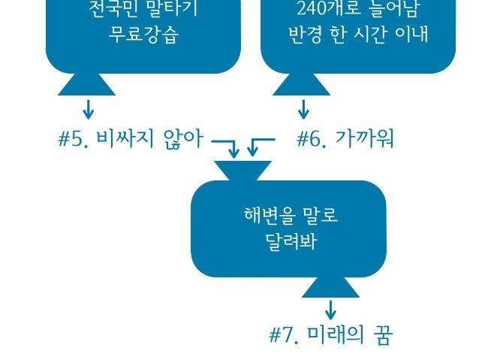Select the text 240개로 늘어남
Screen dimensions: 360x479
pos(357,11)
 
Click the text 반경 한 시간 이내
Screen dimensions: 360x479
pos(357,35)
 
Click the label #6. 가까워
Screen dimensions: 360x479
pos(345,140)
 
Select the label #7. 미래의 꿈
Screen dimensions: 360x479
pos(330,335)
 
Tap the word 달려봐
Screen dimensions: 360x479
pos(289,244)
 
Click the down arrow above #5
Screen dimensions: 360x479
pos(89,110)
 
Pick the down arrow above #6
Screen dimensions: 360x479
pos(303,110)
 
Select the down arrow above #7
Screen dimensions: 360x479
pos(330,309)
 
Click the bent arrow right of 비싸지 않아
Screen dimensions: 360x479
pos(227,147)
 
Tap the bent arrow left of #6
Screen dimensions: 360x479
pos(260,146)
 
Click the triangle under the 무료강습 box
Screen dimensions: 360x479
pos(87,84)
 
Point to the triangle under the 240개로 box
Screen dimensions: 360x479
pos(302,84)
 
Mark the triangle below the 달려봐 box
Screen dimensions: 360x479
pos(330,286)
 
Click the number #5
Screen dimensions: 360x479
pos(73,140)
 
